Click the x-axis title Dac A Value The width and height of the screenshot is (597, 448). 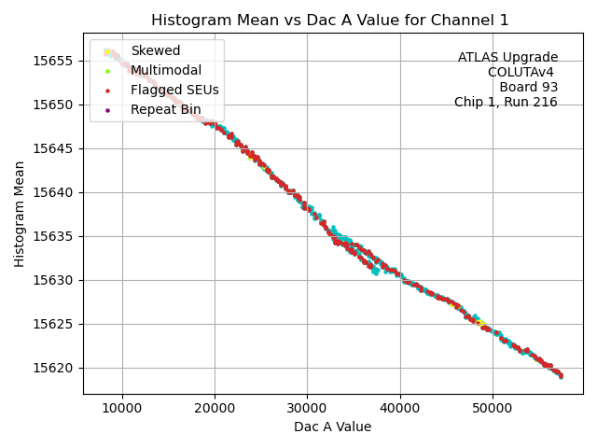tap(332, 427)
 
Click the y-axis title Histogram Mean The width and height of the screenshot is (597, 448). tap(20, 214)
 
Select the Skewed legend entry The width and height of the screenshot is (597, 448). tap(156, 50)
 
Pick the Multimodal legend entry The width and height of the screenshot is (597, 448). tap(166, 70)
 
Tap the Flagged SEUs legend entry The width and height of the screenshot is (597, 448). tap(174, 90)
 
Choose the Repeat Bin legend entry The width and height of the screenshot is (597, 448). tap(165, 109)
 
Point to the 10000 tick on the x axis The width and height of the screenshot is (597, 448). tap(122, 408)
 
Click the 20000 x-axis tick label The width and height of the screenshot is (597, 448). tap(215, 408)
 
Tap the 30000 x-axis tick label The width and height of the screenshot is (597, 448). tap(307, 408)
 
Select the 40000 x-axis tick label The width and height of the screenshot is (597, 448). tap(400, 408)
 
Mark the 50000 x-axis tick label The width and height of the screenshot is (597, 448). tap(493, 408)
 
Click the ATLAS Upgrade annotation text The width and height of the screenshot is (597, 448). tap(507, 58)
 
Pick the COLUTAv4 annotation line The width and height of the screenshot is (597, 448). tap(522, 73)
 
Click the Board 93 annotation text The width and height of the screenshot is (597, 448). tap(528, 88)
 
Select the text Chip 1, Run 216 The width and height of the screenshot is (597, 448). tap(506, 103)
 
